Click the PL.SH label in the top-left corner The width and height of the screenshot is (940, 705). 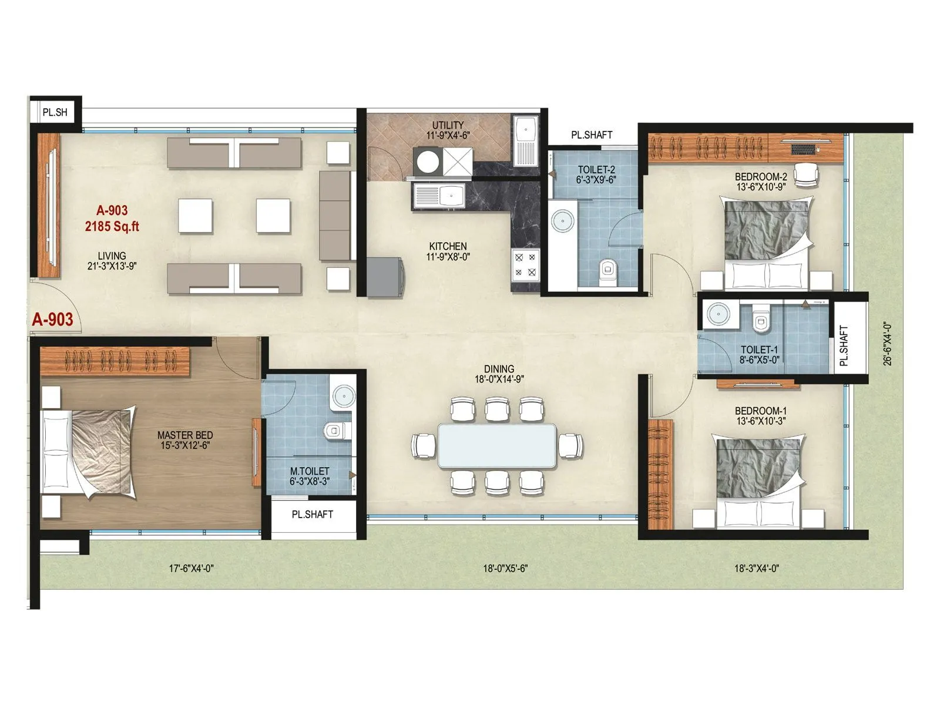[x=55, y=112]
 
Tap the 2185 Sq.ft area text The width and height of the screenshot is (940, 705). [x=112, y=226]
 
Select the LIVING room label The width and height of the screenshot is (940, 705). [x=112, y=256]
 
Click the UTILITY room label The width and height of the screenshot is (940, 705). [x=448, y=125]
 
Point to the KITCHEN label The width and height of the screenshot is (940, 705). [x=448, y=246]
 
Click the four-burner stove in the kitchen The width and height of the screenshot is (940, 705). [x=525, y=264]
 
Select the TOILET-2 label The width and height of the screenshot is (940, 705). [x=596, y=170]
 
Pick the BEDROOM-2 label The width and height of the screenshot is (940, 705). [x=760, y=177]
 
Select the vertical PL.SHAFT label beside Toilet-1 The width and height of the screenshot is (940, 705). [x=844, y=346]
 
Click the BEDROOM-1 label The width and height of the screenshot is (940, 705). [x=760, y=411]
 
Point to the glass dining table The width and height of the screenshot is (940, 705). [x=497, y=445]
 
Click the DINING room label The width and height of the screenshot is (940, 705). [x=499, y=370]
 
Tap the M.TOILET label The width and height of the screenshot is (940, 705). [x=310, y=471]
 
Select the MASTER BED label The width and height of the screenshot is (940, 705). [x=185, y=435]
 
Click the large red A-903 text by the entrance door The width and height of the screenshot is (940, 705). [x=53, y=320]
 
